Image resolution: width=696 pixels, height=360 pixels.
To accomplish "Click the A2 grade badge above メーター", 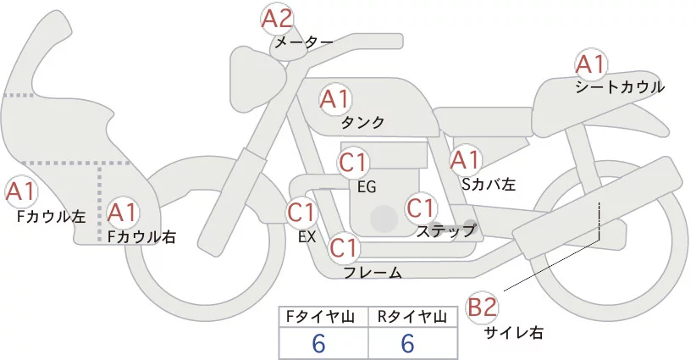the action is (x=278, y=18).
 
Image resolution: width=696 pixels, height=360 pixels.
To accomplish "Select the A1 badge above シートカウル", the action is (x=590, y=64).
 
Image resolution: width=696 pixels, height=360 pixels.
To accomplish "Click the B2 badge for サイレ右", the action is (x=483, y=307).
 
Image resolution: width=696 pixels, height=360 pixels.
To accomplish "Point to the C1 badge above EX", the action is (x=302, y=212).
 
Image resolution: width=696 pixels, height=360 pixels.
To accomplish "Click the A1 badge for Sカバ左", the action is (x=465, y=159).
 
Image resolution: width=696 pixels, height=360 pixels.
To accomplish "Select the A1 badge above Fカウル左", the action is (x=20, y=192).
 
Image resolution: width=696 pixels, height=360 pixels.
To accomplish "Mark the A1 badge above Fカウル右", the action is (x=124, y=211).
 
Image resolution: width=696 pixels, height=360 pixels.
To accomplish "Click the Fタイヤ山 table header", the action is (x=323, y=317).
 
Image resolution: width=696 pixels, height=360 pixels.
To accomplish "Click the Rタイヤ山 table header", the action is (x=412, y=317).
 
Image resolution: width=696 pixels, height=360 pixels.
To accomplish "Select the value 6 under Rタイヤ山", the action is (x=407, y=343).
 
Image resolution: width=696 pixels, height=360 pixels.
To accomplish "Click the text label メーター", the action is (x=302, y=42).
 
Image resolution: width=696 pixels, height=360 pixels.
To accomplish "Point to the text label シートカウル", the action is (x=620, y=86).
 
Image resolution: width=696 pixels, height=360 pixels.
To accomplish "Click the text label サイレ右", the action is (x=513, y=332).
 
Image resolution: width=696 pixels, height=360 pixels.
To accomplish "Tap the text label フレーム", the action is (x=373, y=272).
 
